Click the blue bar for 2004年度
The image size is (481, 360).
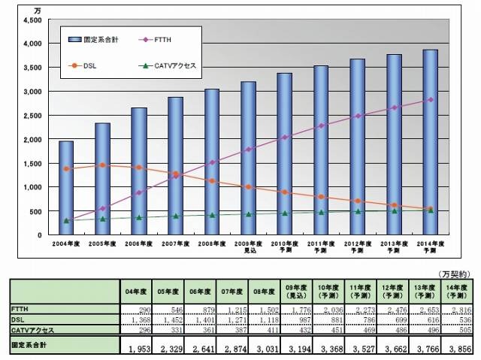point(66,188)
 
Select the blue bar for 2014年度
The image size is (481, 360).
point(430,142)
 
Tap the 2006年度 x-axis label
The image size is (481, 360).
point(139,244)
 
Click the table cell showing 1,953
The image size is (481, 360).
point(139,347)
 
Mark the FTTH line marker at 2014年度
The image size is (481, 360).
point(430,99)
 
